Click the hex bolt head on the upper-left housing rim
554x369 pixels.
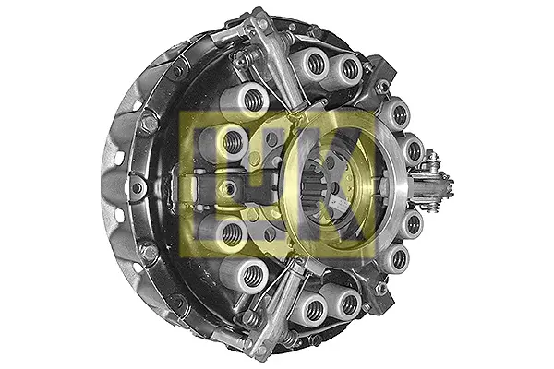[x=150, y=122]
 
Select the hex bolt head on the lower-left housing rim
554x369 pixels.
[x=149, y=253]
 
